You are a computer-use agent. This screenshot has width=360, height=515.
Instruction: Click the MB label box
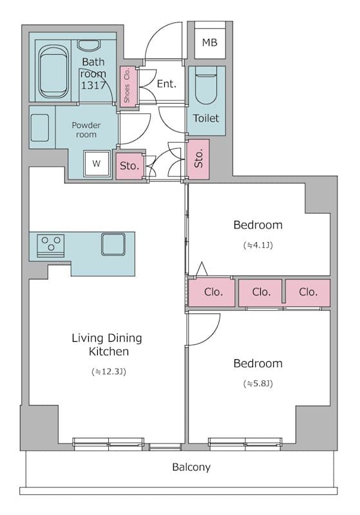(x=209, y=43)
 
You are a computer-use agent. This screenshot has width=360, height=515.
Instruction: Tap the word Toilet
(x=206, y=118)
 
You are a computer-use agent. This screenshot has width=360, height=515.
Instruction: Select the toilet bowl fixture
(x=206, y=89)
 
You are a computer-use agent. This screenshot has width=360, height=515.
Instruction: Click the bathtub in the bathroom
(x=53, y=70)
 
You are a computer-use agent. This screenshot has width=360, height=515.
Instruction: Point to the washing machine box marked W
(x=97, y=164)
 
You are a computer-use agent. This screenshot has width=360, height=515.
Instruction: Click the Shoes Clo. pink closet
(x=126, y=86)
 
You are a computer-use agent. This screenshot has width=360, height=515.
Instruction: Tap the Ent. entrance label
(x=166, y=84)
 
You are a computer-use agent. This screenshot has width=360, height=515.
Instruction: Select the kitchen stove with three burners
(x=50, y=245)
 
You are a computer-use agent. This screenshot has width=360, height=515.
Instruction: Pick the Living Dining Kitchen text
(x=107, y=345)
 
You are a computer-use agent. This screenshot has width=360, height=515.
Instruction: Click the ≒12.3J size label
(x=107, y=371)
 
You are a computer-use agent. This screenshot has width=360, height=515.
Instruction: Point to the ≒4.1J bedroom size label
(x=258, y=245)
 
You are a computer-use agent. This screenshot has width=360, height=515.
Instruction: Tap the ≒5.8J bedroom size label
(x=258, y=384)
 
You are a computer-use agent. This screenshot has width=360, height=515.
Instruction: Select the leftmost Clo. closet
(x=213, y=292)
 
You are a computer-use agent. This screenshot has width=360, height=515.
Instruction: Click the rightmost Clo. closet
(x=308, y=292)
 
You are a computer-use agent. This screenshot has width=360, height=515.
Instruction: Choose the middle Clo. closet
(x=261, y=292)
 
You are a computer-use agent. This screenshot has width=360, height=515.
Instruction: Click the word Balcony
(x=191, y=467)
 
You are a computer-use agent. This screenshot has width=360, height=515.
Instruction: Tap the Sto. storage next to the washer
(x=129, y=165)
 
